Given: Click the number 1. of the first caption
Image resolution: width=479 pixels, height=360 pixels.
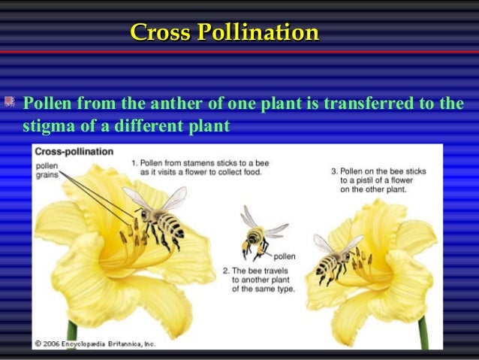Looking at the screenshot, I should point(134,162).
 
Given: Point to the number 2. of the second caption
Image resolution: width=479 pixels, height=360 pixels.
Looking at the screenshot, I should point(225,269).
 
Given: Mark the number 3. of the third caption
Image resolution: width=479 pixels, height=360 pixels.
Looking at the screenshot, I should point(334,171).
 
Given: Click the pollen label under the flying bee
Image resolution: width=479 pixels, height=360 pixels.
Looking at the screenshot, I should point(285,256).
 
